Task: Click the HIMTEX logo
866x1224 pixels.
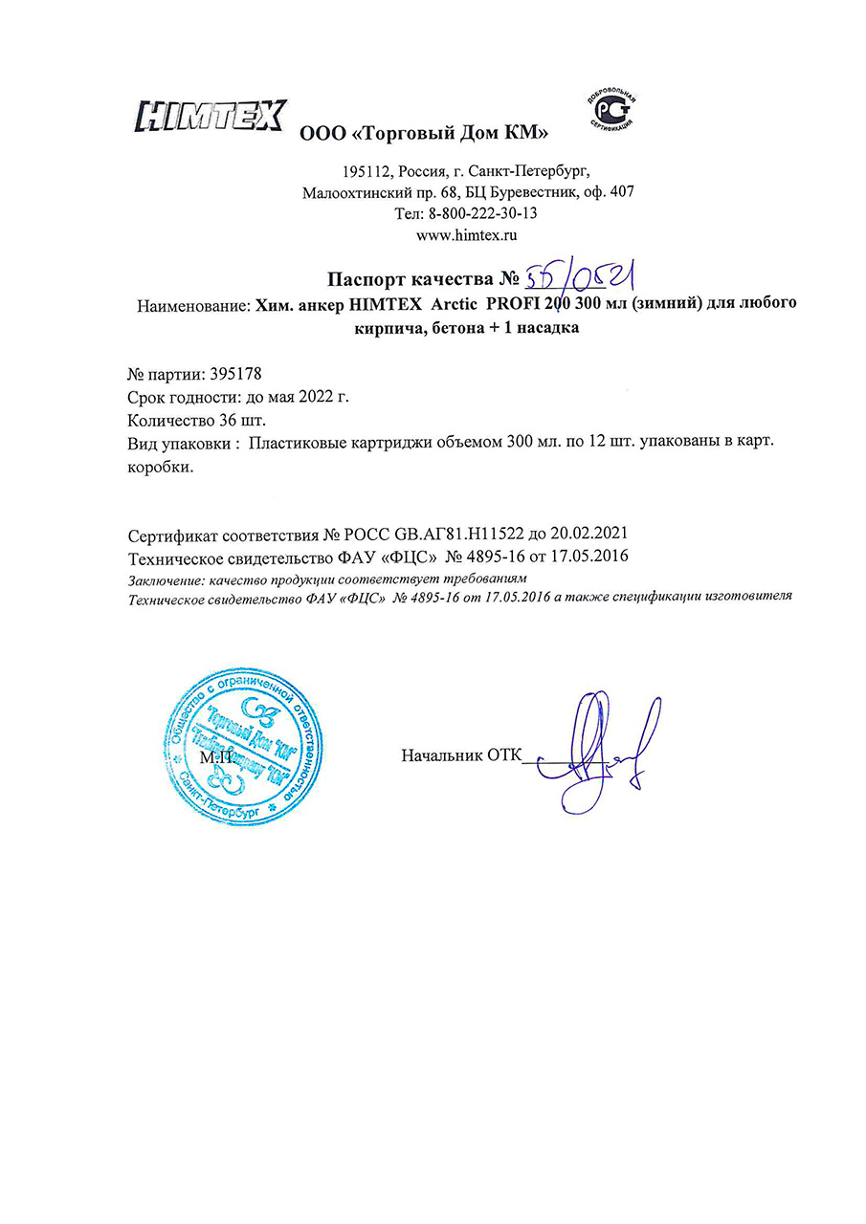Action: tap(211, 117)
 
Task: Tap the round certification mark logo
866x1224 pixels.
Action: tap(610, 113)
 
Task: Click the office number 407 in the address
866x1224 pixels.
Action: tap(620, 191)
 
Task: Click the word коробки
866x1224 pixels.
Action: tap(160, 469)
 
